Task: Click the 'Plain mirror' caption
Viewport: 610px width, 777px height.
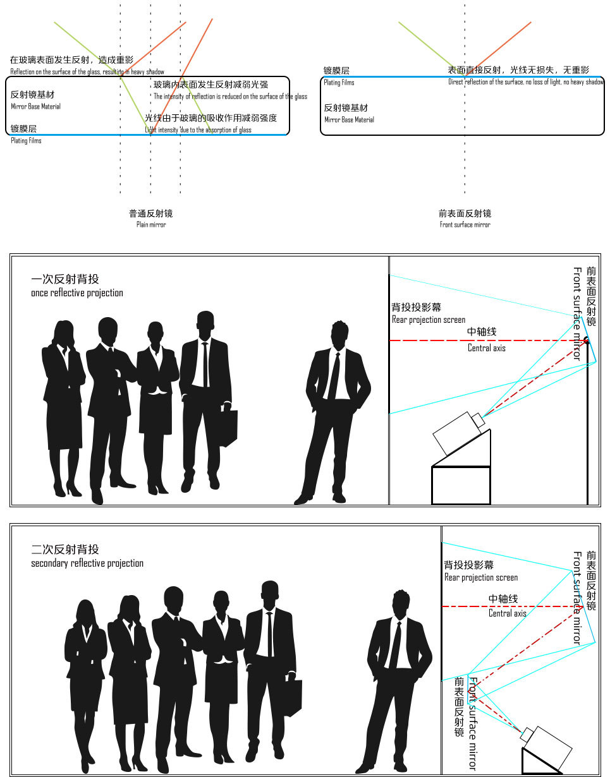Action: pyautogui.click(x=150, y=225)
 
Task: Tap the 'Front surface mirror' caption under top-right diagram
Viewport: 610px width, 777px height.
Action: pyautogui.click(x=465, y=225)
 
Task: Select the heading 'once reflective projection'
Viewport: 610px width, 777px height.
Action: pyautogui.click(x=77, y=293)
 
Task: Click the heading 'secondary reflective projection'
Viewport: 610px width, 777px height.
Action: pyautogui.click(x=87, y=563)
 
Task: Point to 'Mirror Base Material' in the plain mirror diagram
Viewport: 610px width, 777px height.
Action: pyautogui.click(x=35, y=107)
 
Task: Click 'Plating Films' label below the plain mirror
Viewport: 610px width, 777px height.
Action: pyautogui.click(x=26, y=141)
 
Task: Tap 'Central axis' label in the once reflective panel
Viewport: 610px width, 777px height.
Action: pyautogui.click(x=486, y=348)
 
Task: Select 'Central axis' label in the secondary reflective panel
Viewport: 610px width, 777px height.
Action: pyautogui.click(x=507, y=613)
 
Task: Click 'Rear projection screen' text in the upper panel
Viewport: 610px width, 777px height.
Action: pyautogui.click(x=428, y=320)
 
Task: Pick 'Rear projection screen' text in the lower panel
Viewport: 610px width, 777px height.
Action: pyautogui.click(x=480, y=577)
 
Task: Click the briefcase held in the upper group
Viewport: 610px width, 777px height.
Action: pyautogui.click(x=228, y=428)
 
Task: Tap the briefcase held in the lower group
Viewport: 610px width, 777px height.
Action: pyautogui.click(x=292, y=697)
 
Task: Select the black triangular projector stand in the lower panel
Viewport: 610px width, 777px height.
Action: pyautogui.click(x=537, y=763)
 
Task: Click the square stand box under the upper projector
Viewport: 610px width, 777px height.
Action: pyautogui.click(x=461, y=485)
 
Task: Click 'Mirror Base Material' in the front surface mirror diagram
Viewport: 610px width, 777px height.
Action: pyautogui.click(x=349, y=119)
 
